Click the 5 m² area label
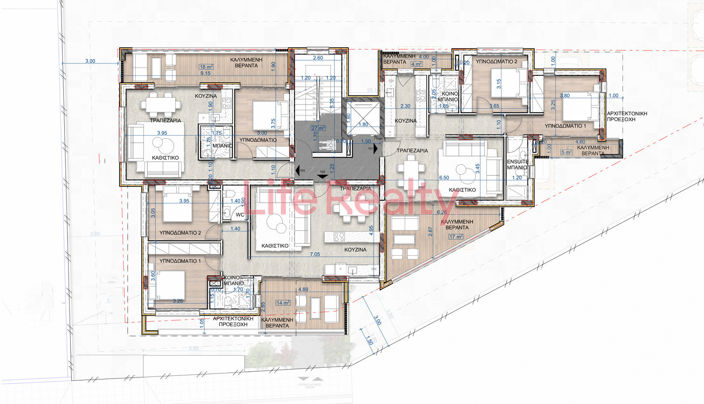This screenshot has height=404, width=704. point(566,153)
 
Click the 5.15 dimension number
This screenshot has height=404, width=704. point(205,73)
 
